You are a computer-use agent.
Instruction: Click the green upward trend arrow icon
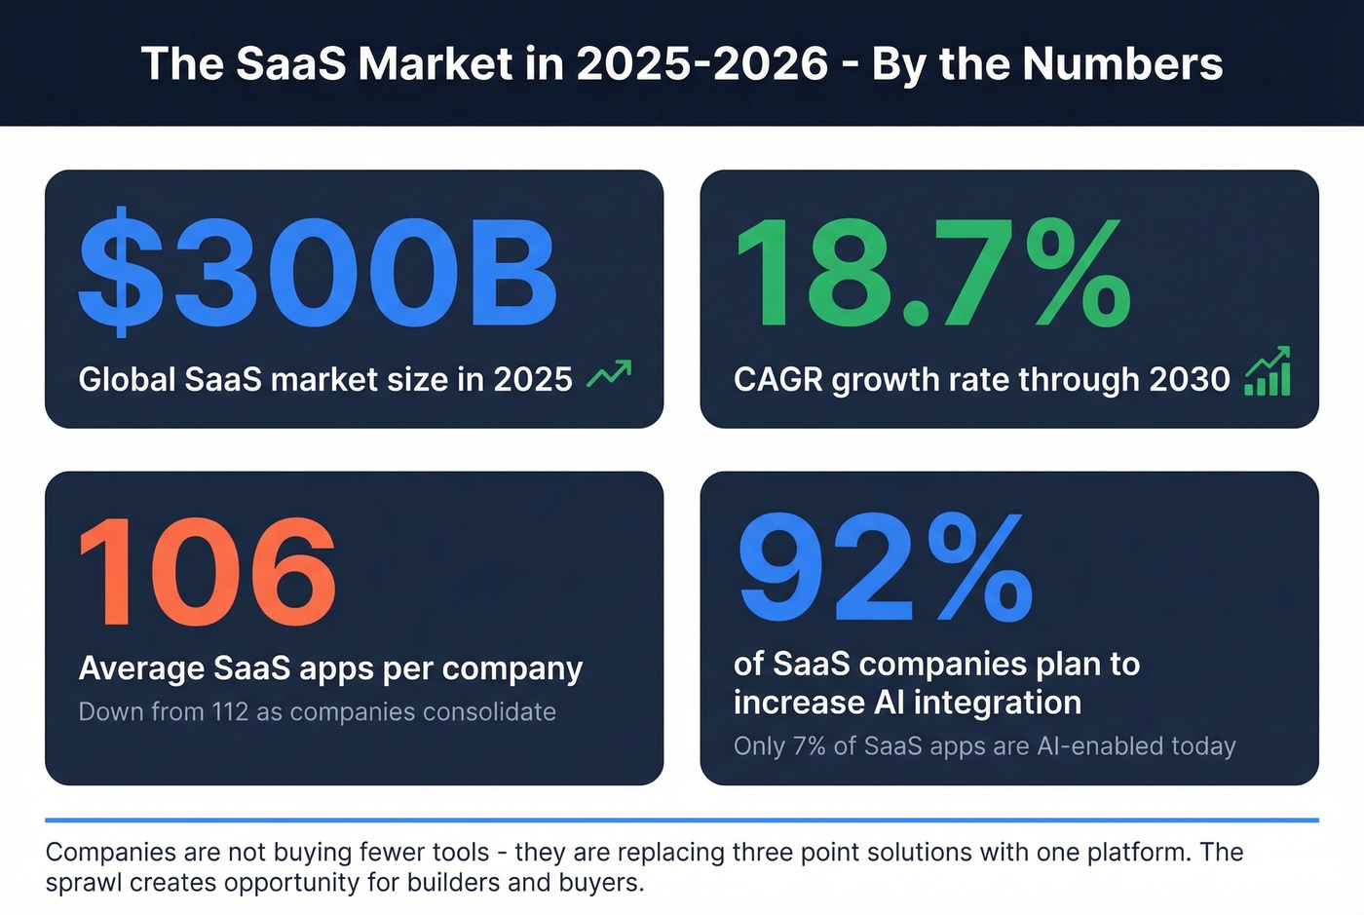coord(609,374)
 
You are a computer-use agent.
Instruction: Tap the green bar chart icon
coord(1268,372)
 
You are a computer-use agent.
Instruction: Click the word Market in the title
coord(434,64)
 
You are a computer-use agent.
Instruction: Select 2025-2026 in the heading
coord(701,64)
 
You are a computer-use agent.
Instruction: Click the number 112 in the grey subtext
coord(230,712)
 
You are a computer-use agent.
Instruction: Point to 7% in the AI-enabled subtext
coord(809,746)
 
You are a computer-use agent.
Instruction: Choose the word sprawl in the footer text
coord(84,883)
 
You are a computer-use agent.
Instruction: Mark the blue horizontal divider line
coord(682,820)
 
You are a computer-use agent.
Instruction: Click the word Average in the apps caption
coord(141,668)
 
